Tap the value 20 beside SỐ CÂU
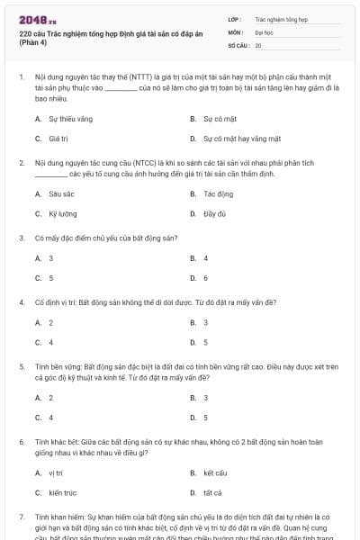[258, 44]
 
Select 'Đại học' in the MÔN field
[264, 31]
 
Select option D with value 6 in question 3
[205, 278]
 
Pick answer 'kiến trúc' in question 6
[61, 493]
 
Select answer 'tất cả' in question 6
[212, 493]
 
